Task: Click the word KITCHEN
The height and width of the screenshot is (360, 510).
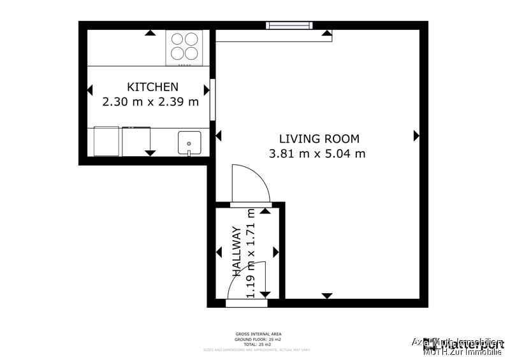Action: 152,87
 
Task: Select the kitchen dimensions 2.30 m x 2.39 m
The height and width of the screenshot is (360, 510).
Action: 150,101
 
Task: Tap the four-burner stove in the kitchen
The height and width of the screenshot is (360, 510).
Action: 185,47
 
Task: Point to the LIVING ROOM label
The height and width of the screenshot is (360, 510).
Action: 319,138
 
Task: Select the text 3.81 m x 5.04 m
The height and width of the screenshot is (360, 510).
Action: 317,153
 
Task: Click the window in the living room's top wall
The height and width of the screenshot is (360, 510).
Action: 289,25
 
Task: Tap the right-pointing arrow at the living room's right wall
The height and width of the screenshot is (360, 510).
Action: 416,135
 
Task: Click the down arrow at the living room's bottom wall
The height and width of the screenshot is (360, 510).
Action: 327,296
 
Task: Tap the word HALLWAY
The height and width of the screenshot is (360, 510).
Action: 236,251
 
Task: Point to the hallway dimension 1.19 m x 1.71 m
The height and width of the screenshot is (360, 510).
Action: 251,252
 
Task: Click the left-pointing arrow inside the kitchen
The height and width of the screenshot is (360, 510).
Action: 90,89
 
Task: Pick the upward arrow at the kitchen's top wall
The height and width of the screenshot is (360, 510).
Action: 149,32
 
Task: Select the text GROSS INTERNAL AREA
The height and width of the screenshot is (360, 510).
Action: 258,334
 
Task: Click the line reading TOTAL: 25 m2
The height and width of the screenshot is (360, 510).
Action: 258,345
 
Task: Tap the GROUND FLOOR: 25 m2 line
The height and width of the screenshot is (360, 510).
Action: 258,340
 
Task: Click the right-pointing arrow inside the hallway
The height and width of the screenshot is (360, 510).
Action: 275,252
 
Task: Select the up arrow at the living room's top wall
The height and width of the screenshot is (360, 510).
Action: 327,32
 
